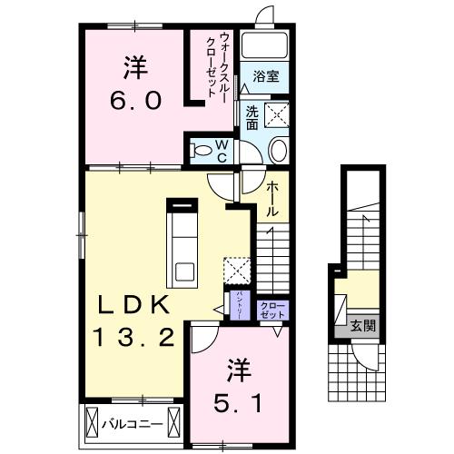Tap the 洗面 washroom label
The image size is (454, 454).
tap(250, 117)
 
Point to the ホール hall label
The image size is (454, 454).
tap(271, 198)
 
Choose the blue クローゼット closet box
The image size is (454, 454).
tap(272, 309)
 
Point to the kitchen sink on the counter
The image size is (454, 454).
tap(185, 271)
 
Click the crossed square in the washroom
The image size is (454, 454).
tap(276, 114)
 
